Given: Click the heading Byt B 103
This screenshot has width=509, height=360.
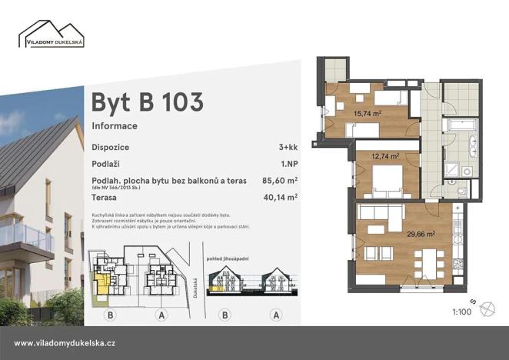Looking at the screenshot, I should click(147, 102).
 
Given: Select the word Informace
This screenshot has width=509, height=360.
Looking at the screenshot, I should click(115, 125).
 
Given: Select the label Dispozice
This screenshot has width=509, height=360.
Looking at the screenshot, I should click(110, 147).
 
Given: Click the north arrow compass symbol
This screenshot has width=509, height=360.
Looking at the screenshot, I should click(486, 309).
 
